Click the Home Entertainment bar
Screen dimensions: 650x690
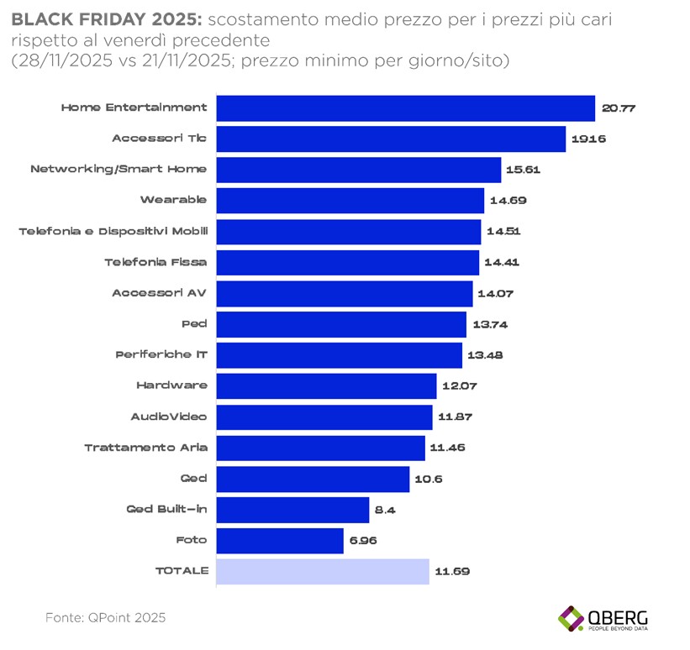(406, 108)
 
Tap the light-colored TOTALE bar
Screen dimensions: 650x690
(323, 571)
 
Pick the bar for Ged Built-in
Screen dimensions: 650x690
(292, 510)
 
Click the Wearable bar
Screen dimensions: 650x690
(350, 201)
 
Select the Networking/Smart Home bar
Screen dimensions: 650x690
(359, 170)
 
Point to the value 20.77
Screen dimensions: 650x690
(617, 108)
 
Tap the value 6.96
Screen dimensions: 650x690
(362, 540)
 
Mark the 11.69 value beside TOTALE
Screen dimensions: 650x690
(451, 571)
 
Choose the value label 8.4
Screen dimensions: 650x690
(384, 510)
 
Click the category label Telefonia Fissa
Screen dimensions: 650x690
(155, 262)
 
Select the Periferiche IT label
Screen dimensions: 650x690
(161, 354)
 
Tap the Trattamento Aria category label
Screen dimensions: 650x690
(145, 448)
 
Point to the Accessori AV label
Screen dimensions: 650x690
(159, 293)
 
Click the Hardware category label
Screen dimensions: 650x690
(171, 385)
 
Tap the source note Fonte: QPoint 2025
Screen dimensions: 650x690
(105, 617)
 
